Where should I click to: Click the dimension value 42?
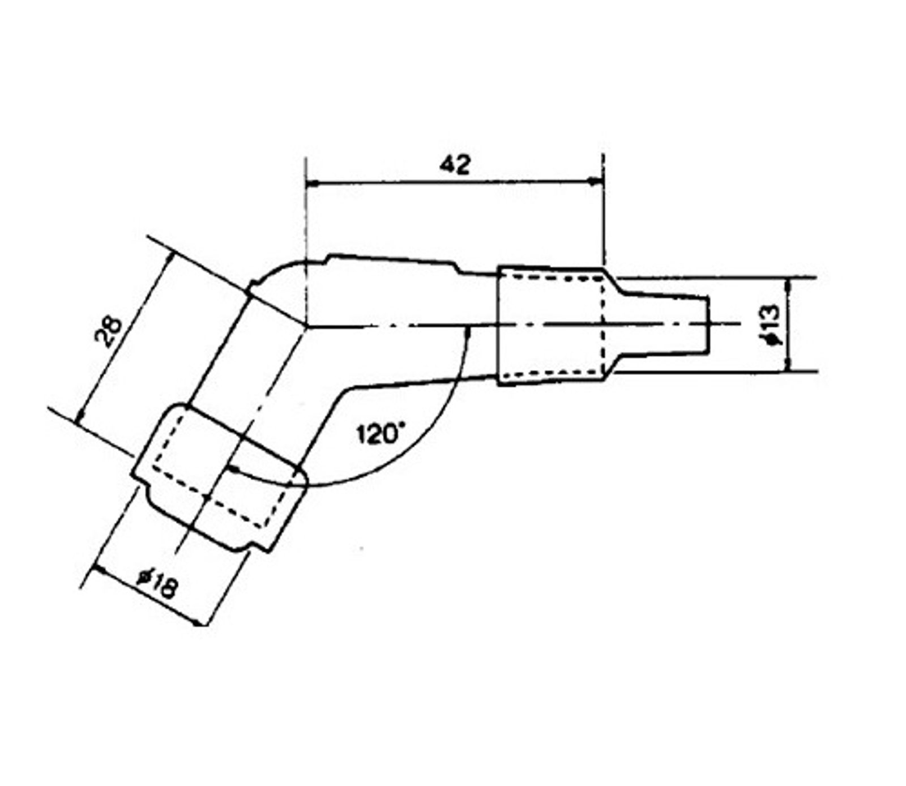click(455, 165)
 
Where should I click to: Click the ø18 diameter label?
click(157, 585)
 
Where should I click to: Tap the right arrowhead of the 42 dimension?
click(596, 182)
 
